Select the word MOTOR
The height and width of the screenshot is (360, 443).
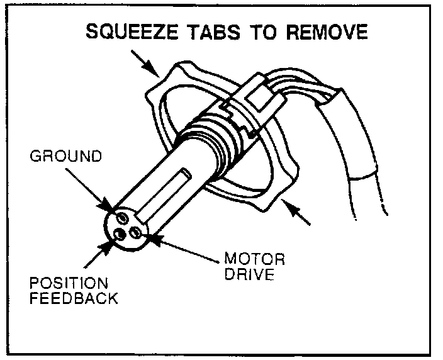(x=254, y=259)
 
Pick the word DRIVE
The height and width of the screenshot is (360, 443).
(x=250, y=274)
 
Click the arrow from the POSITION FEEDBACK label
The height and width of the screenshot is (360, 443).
(x=99, y=252)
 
